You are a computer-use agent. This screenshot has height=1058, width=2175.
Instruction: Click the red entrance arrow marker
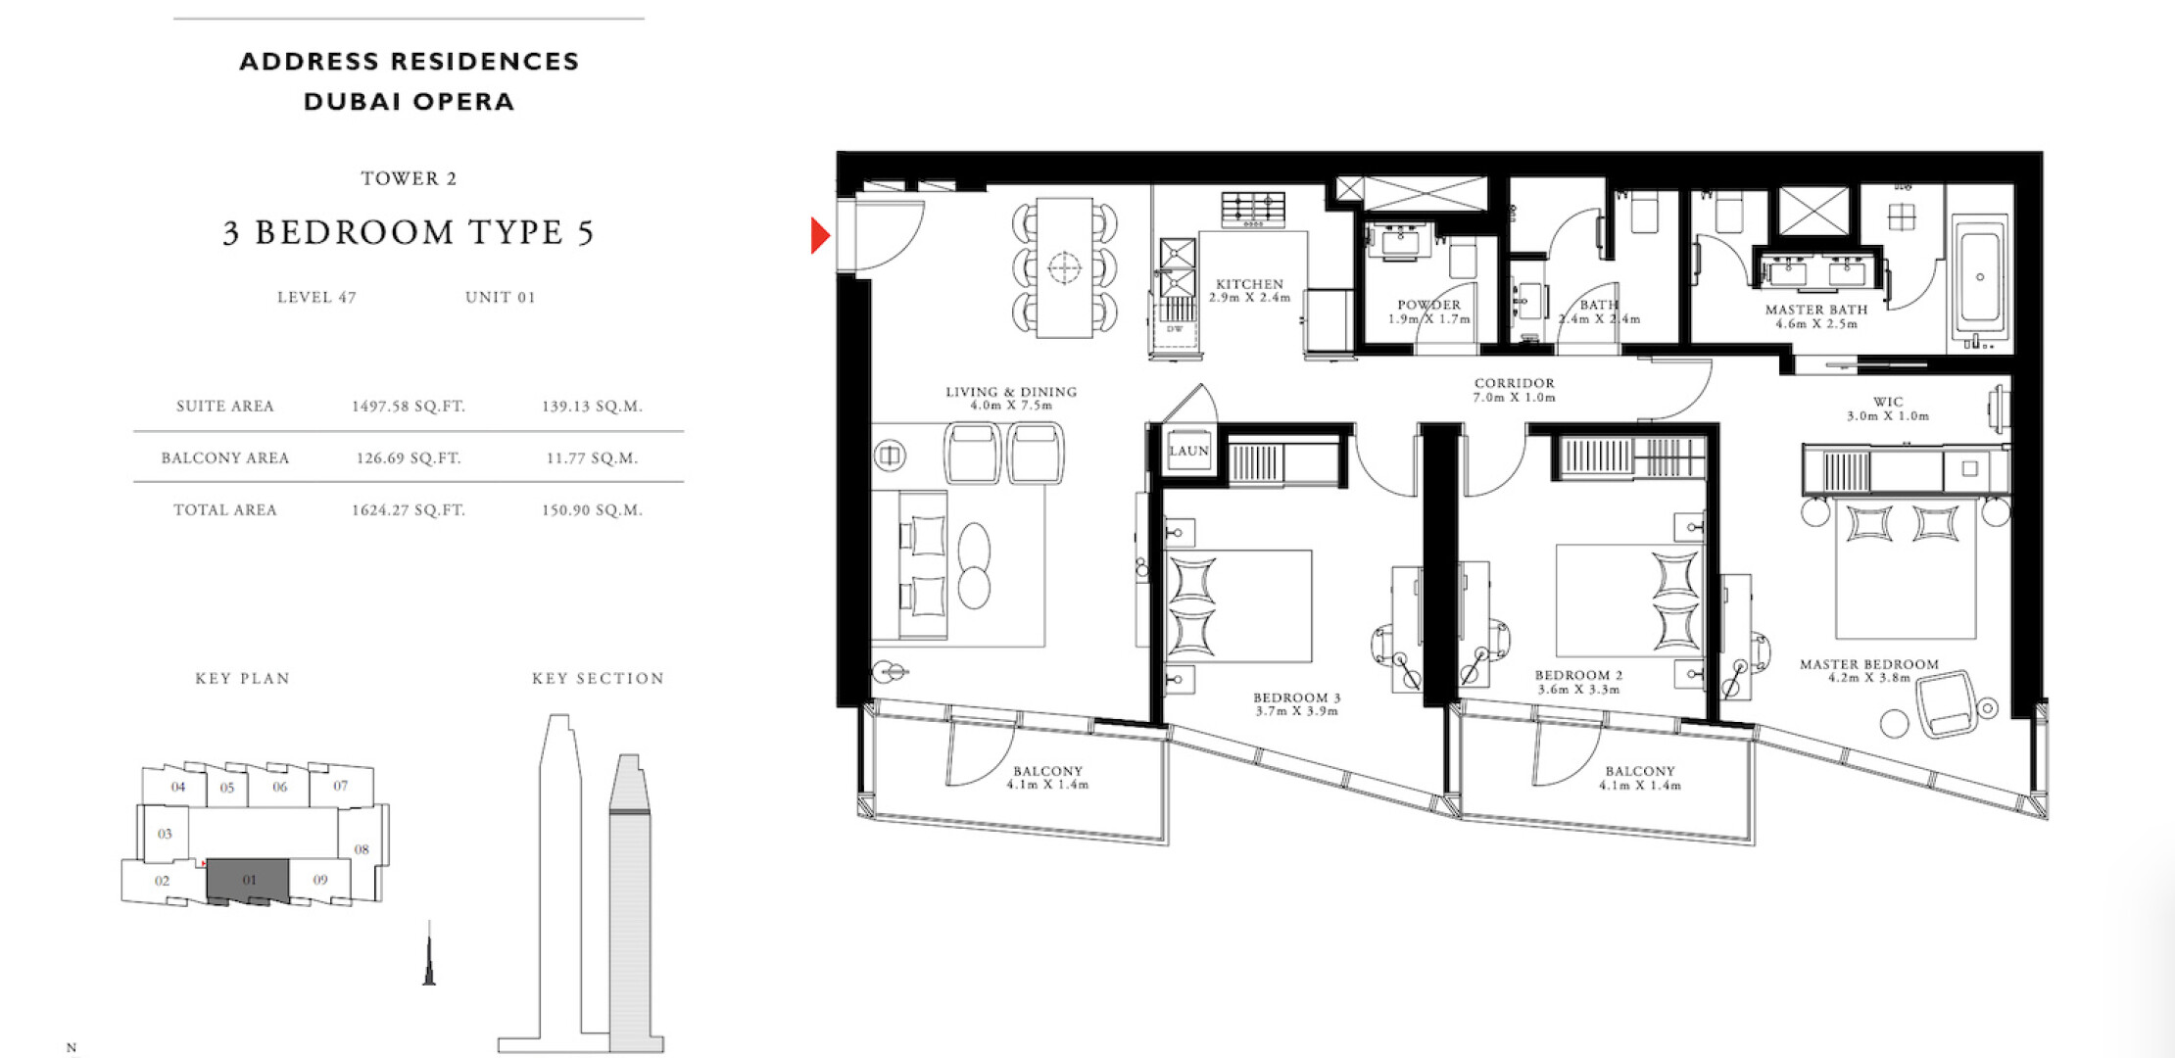820,235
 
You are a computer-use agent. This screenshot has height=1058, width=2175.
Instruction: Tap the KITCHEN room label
1249,284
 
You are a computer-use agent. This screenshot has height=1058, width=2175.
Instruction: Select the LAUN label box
1188,451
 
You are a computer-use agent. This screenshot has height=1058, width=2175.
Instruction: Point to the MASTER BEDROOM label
1868,664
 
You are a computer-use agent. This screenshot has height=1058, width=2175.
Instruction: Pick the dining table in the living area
1064,267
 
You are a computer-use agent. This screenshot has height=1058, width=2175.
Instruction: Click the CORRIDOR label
1514,383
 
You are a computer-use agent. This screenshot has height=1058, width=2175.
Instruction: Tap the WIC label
1888,402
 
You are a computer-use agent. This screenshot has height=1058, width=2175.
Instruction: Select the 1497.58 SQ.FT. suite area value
409,407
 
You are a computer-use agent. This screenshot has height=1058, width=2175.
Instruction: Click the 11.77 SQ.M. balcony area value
592,458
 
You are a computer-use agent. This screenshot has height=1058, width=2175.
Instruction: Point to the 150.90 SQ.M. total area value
592,510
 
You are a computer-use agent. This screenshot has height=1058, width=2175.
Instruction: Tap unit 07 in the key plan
340,786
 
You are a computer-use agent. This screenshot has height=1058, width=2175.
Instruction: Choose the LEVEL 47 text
316,298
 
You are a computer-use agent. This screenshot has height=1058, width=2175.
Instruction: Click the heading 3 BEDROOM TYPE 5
409,232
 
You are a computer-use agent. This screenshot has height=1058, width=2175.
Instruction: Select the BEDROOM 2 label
1578,675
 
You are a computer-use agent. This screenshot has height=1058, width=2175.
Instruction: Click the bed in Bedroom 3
1238,605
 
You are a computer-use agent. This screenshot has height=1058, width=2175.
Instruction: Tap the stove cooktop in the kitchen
1253,211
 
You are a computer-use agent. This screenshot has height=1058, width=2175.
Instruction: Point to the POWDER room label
1428,305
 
